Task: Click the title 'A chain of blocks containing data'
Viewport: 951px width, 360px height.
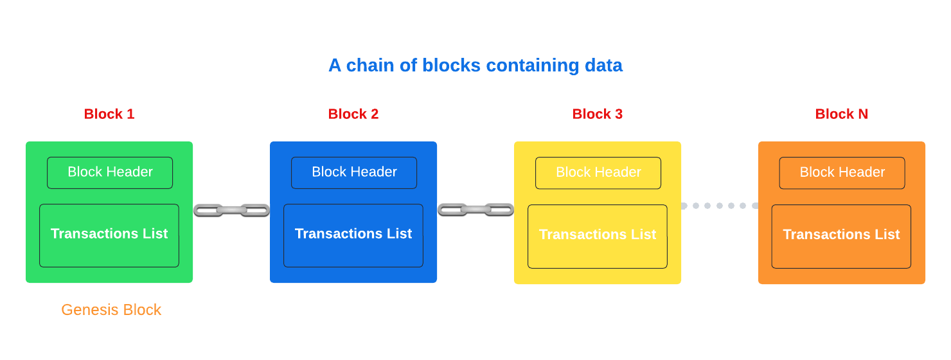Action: [475, 66]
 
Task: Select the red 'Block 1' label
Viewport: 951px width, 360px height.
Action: [109, 114]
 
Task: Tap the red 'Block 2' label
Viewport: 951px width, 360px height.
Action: [353, 114]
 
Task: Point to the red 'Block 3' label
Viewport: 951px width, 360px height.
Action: [598, 114]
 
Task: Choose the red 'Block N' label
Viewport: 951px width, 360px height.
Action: [841, 114]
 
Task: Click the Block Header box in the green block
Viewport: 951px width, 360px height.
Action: [110, 172]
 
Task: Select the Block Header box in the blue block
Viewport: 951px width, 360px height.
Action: [354, 172]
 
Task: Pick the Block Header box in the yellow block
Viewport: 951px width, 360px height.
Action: [598, 172]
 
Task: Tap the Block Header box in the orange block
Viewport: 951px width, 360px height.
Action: [842, 172]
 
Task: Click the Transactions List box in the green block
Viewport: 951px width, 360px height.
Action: [109, 235]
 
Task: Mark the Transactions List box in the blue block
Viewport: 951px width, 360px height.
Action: [353, 235]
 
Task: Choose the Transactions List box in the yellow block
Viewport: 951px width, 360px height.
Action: [598, 236]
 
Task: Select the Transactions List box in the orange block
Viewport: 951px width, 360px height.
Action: [841, 236]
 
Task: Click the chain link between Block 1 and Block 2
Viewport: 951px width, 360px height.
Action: [231, 210]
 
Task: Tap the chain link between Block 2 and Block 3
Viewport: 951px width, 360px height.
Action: [476, 210]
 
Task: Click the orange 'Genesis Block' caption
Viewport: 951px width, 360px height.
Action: [111, 310]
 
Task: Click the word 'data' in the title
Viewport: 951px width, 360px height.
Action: [603, 66]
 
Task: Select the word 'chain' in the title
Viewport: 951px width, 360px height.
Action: [367, 66]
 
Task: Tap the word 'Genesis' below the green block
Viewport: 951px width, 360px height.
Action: [90, 310]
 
